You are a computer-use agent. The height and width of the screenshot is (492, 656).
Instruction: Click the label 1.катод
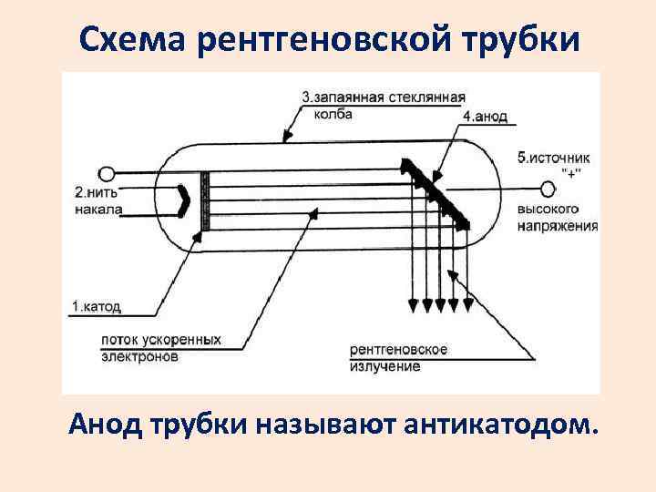(x=96, y=306)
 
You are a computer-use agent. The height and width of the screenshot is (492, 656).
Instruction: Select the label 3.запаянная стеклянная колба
(x=383, y=106)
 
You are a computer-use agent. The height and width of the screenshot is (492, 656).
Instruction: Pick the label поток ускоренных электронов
(x=160, y=348)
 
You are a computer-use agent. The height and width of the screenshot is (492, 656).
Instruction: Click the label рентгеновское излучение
(x=397, y=357)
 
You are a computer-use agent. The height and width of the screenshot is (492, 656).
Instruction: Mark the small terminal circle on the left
(x=106, y=173)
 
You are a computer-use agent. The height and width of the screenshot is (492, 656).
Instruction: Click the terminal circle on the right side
(x=547, y=189)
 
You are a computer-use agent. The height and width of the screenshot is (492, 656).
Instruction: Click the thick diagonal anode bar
(x=435, y=192)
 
